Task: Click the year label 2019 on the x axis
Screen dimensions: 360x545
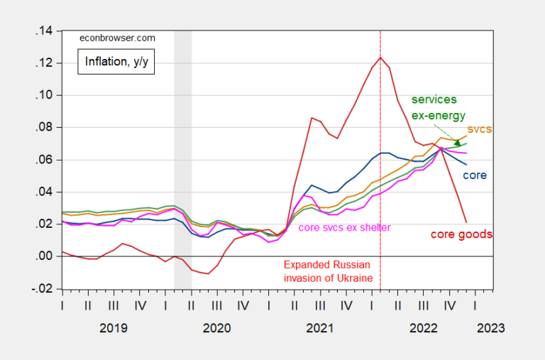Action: coord(114,327)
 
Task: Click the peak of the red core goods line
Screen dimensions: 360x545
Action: coord(381,57)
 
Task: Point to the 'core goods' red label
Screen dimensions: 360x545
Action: coord(461,234)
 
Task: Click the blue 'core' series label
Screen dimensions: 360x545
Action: coord(475,175)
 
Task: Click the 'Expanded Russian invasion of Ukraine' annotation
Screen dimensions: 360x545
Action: coord(327,271)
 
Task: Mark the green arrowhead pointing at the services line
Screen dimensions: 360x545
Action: coord(457,143)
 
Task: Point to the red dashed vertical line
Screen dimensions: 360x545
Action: coord(381,178)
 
